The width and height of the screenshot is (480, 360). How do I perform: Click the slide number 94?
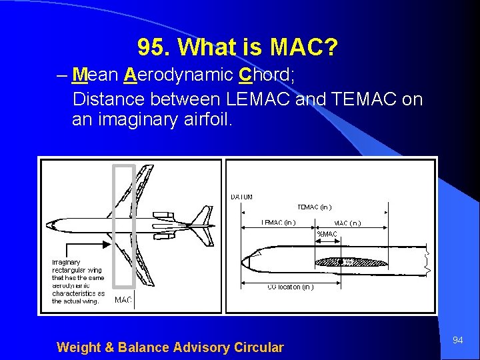tap(458, 341)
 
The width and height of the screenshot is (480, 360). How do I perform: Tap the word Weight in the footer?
tap(78, 347)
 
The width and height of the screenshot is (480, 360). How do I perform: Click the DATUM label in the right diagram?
tap(241, 197)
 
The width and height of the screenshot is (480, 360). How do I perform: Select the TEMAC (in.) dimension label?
tap(314, 207)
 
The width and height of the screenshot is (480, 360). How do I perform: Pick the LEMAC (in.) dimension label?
tap(279, 223)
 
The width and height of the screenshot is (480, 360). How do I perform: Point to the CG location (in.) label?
tap(290, 287)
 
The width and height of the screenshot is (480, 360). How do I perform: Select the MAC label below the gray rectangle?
tap(123, 300)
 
